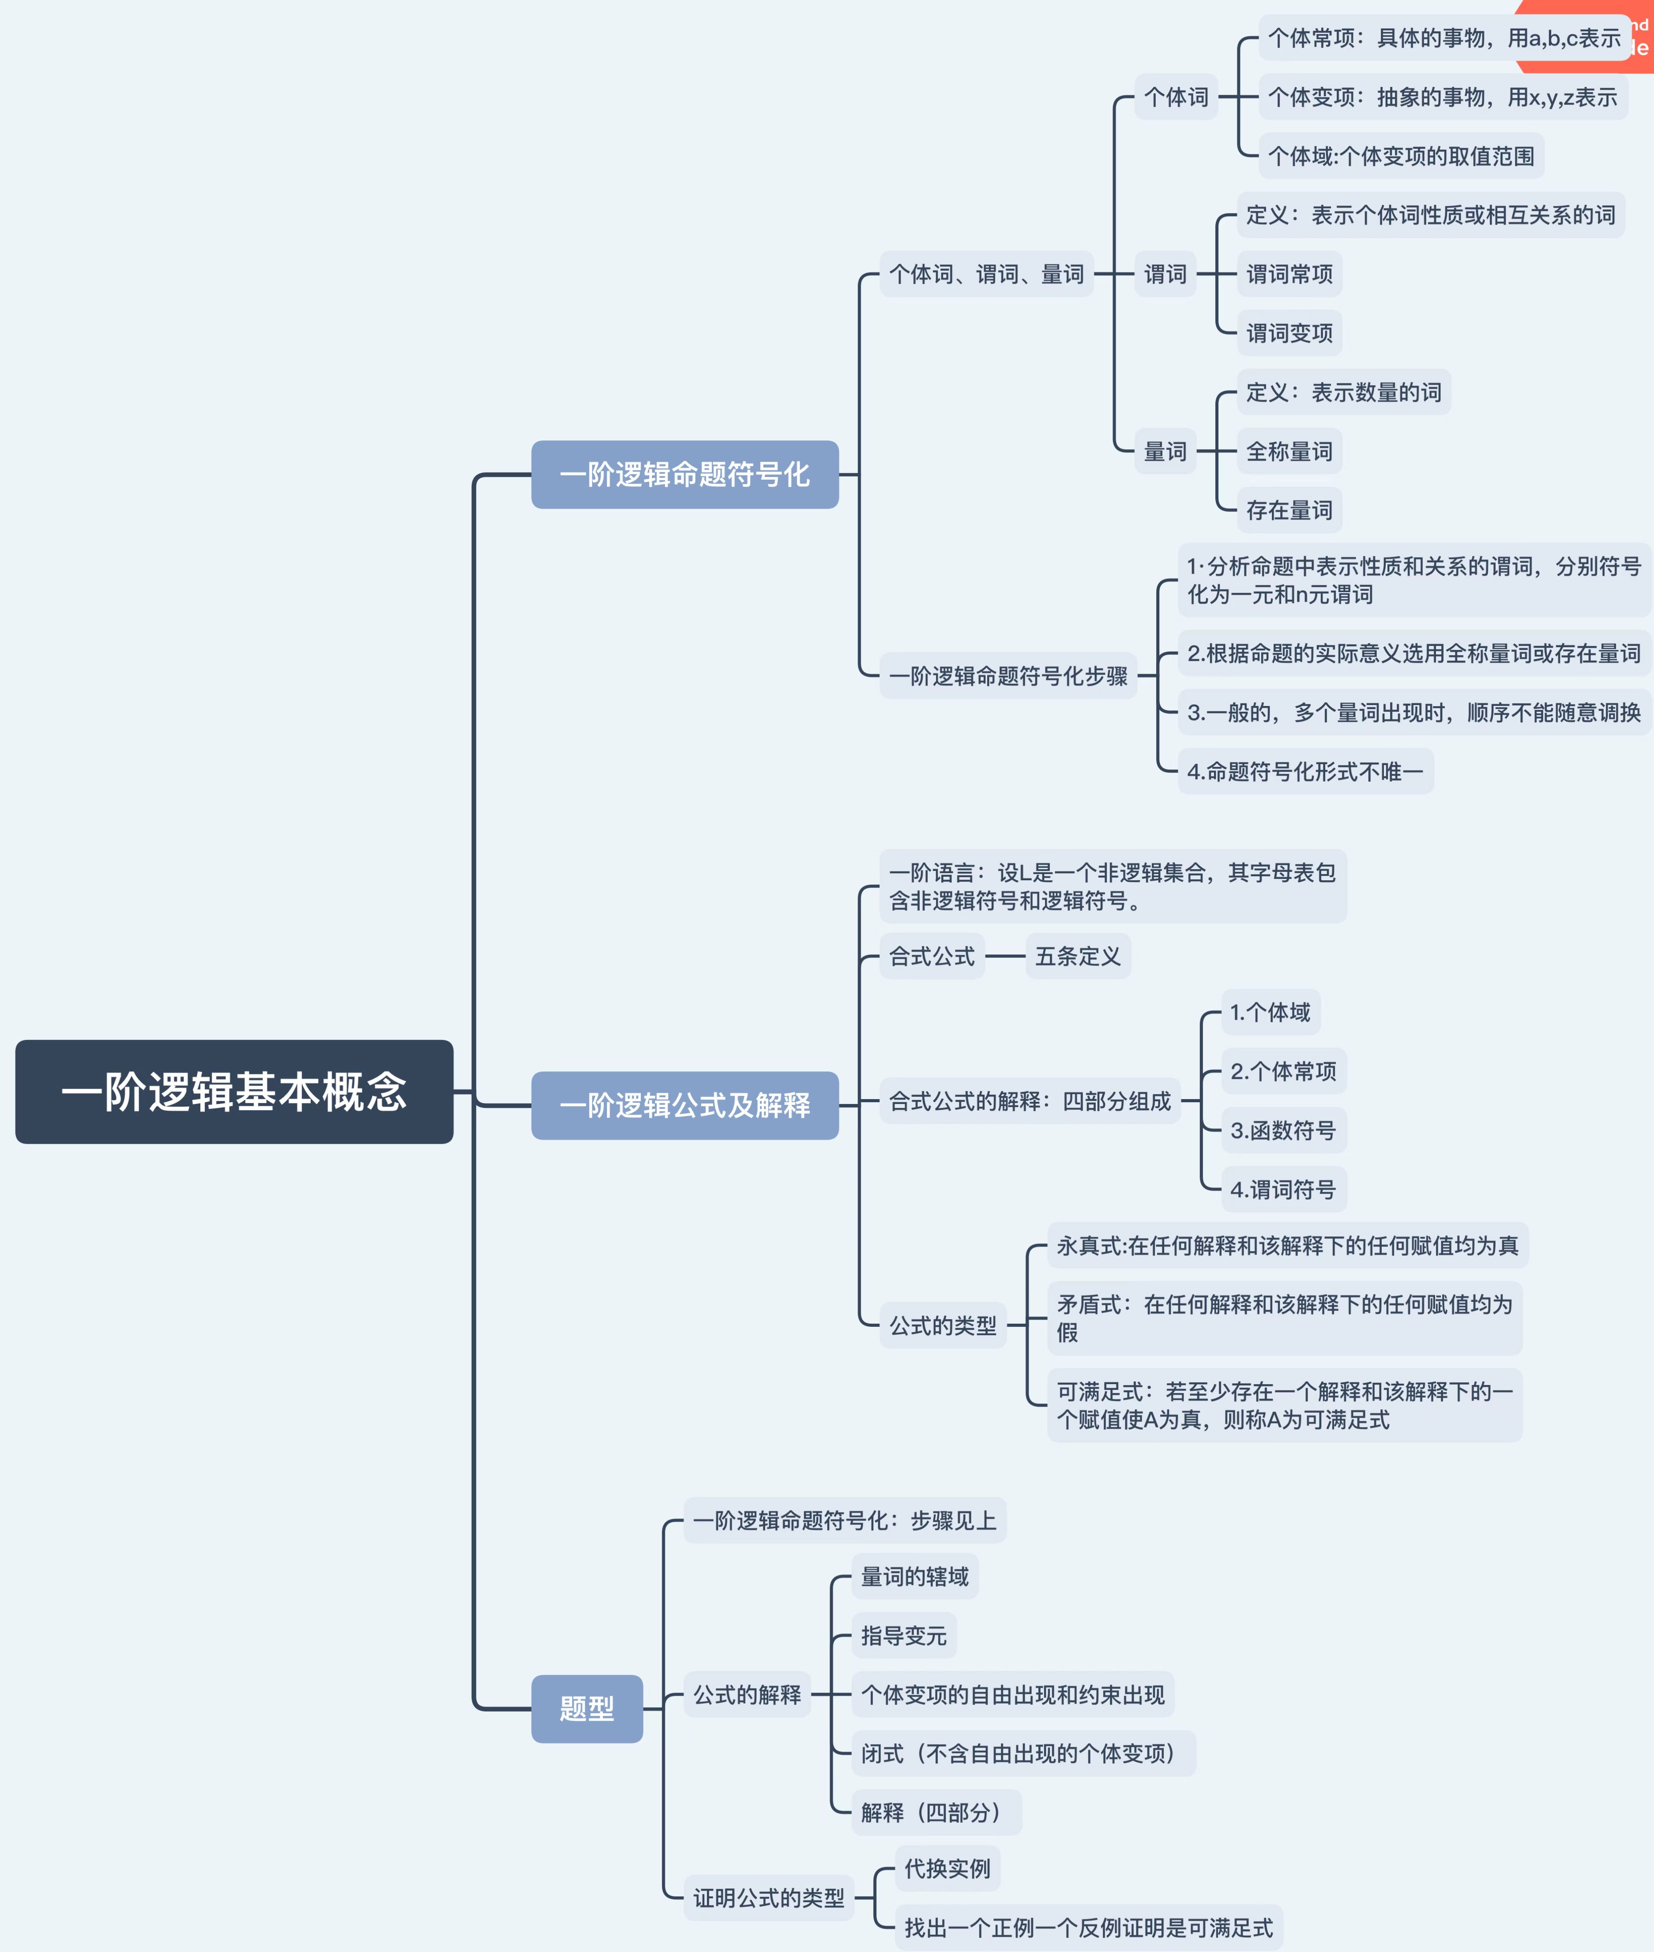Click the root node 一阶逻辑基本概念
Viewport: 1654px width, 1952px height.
[x=233, y=1091]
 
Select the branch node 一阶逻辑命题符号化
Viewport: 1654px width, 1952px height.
[x=684, y=474]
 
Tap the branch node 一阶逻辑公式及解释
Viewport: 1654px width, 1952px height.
[x=684, y=1105]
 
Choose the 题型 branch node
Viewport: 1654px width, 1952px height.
[x=587, y=1708]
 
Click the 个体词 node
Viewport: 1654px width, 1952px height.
[x=1176, y=97]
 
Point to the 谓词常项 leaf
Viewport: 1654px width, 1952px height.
[x=1289, y=274]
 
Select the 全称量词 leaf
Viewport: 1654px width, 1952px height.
[x=1289, y=451]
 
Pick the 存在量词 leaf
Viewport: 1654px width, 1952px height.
[x=1289, y=510]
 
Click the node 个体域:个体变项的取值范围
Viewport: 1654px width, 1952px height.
[x=1401, y=156]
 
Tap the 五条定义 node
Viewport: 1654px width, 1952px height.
[x=1078, y=956]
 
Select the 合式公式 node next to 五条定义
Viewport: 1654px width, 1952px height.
[x=932, y=956]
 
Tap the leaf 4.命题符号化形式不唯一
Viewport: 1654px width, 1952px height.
[x=1305, y=772]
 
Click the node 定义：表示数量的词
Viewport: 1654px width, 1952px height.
[x=1344, y=392]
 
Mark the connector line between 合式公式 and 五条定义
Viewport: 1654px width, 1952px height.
[x=1005, y=956]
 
